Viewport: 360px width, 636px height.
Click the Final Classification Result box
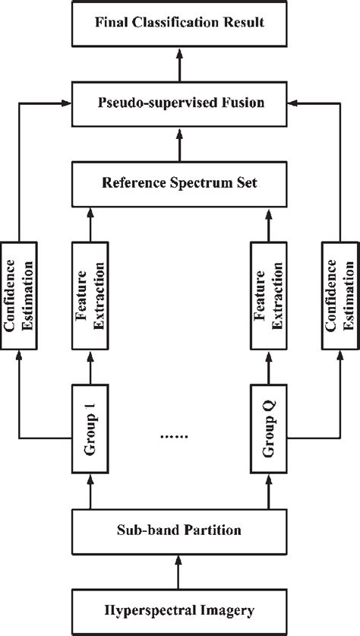pos(180,23)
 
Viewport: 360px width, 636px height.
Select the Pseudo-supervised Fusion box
pos(180,101)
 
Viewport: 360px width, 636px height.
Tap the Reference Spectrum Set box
pos(180,182)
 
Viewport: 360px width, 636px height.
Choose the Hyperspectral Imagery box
pos(180,609)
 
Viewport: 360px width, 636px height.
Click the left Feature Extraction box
pos(90,296)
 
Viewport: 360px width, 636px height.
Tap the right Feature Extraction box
pos(270,296)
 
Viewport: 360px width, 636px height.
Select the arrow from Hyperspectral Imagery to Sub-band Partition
pos(180,569)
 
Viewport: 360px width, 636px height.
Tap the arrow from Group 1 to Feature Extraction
pos(90,369)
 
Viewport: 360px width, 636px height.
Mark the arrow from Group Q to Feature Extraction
pos(270,369)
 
